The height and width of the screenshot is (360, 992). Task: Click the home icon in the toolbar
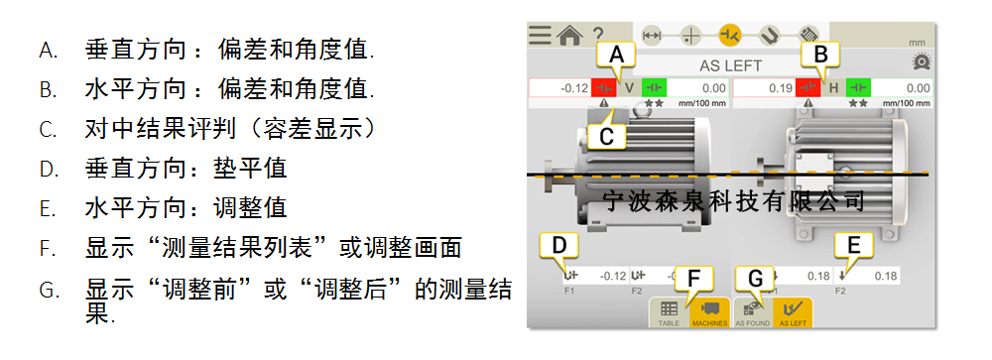(568, 36)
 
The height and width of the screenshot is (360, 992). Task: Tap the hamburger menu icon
(540, 36)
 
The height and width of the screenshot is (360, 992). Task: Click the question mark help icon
(598, 36)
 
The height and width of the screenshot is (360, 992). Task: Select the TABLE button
(669, 312)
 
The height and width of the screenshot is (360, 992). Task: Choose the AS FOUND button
(751, 312)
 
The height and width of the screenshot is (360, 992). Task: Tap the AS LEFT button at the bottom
(792, 312)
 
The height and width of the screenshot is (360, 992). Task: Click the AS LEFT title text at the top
(730, 65)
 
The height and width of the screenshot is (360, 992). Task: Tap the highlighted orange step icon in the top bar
(730, 36)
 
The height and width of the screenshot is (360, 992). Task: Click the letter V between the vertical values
(628, 88)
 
